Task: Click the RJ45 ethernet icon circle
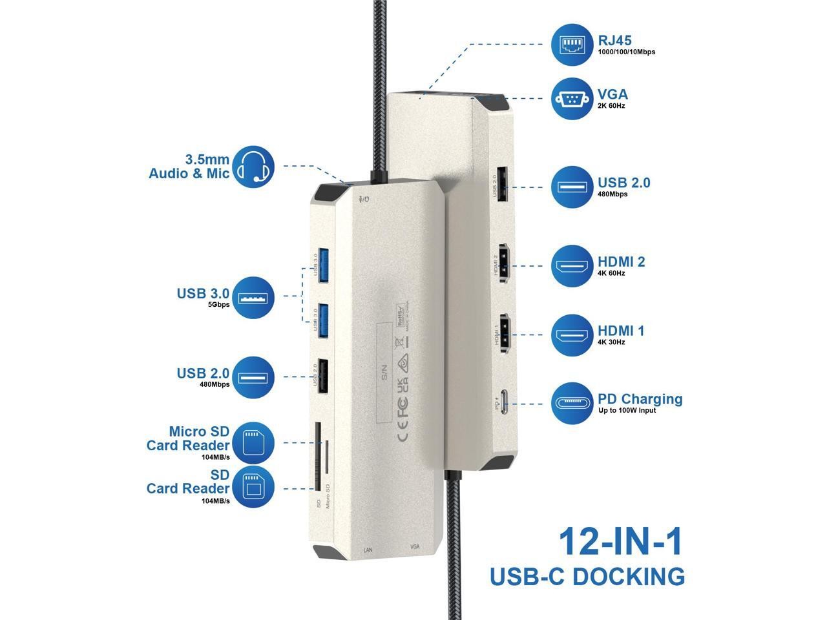coord(572,45)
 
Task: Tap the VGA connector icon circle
coord(572,98)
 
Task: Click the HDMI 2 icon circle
coord(572,266)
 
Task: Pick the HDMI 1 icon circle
coord(572,335)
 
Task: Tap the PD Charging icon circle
coord(572,404)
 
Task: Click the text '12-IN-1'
coord(620,542)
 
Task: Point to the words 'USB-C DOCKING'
coord(587,576)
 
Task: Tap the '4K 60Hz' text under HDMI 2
coord(611,273)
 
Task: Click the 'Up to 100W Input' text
coord(627,411)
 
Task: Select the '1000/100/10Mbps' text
coord(627,52)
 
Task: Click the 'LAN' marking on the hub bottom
coord(368,550)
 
